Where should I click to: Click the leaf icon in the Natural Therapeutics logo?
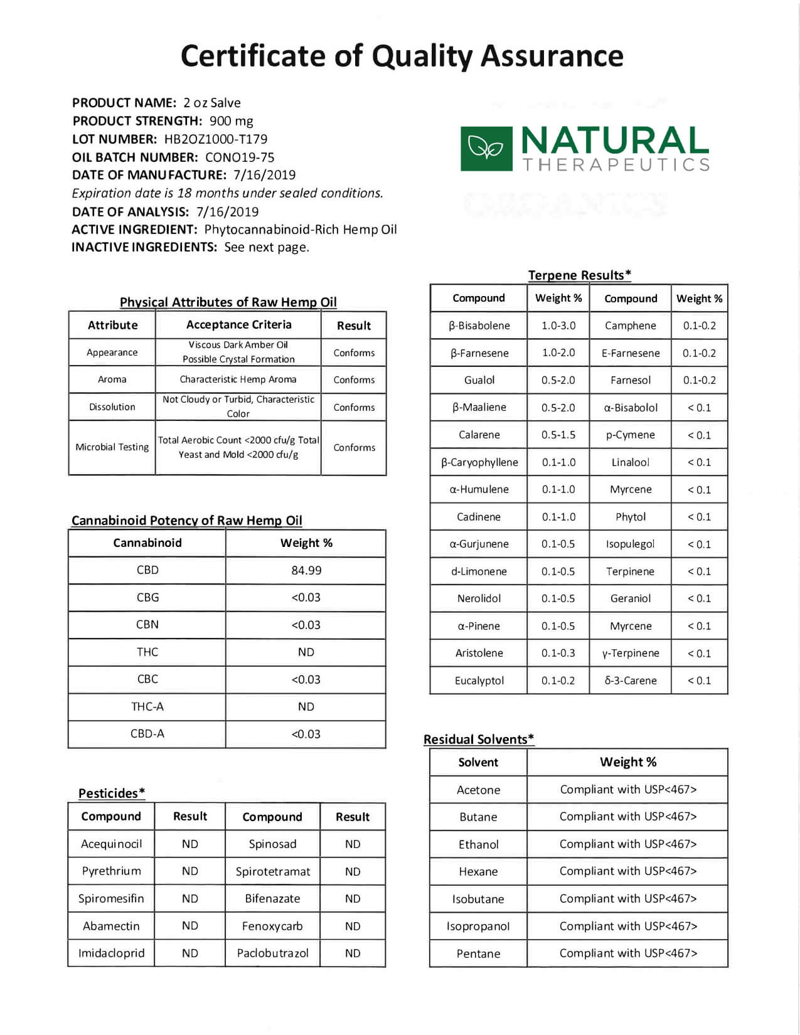pyautogui.click(x=486, y=149)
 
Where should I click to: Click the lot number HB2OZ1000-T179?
pyautogui.click(x=216, y=139)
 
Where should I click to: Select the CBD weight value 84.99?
pyautogui.click(x=306, y=570)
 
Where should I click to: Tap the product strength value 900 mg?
pyautogui.click(x=232, y=121)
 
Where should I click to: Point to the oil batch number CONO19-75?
pyautogui.click(x=240, y=157)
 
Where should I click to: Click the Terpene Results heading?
pyautogui.click(x=579, y=275)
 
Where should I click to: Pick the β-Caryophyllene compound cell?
pyautogui.click(x=479, y=462)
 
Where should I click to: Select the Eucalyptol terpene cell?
pyautogui.click(x=479, y=681)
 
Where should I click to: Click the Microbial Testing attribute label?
pyautogui.click(x=112, y=447)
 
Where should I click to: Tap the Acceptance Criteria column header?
pyautogui.click(x=238, y=325)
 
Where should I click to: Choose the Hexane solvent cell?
pyautogui.click(x=478, y=871)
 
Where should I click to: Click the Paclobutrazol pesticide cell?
pyautogui.click(x=272, y=953)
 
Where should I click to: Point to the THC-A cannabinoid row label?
pyautogui.click(x=147, y=707)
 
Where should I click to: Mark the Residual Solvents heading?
pyautogui.click(x=478, y=739)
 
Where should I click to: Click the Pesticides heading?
pyautogui.click(x=111, y=793)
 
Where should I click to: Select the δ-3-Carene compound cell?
pyautogui.click(x=631, y=681)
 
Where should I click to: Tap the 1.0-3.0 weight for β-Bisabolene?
pyautogui.click(x=558, y=326)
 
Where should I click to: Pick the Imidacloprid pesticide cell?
pyautogui.click(x=111, y=953)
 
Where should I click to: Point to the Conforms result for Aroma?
pyautogui.click(x=354, y=380)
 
